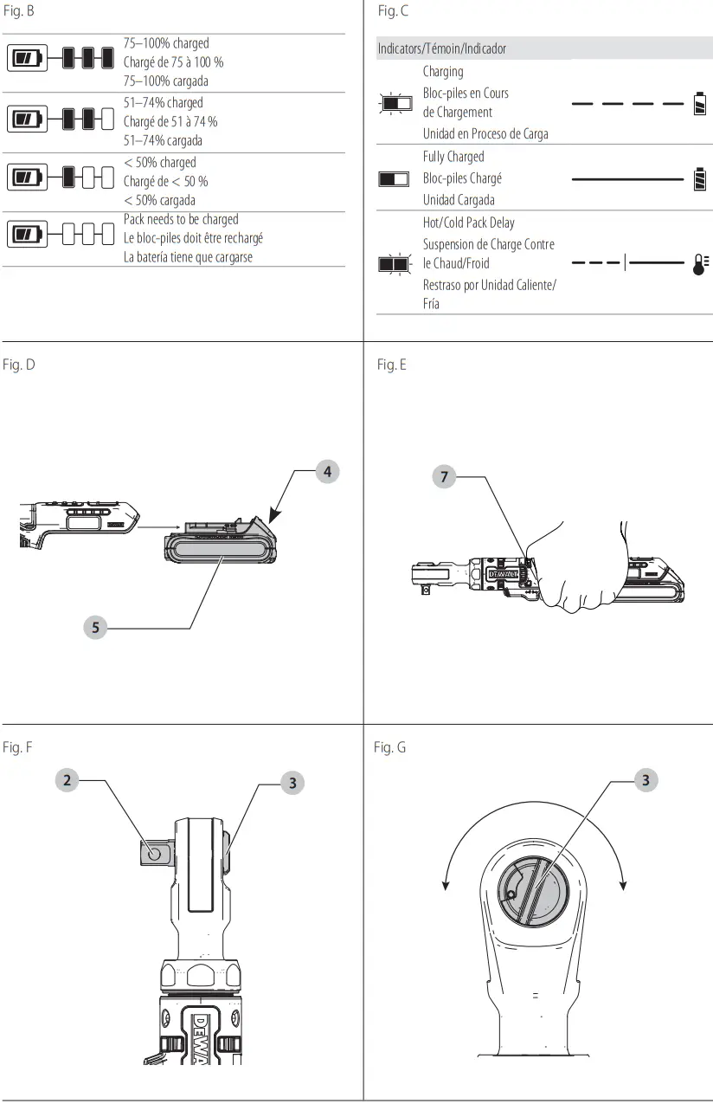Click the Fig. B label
click(18, 12)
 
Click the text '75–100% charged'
click(166, 43)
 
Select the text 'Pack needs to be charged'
click(181, 220)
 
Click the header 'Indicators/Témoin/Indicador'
click(442, 49)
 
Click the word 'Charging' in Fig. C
click(443, 72)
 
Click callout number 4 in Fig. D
click(327, 472)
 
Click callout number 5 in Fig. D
click(96, 628)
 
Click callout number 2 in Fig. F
click(67, 781)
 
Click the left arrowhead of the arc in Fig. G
click(446, 886)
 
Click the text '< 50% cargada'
click(160, 201)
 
